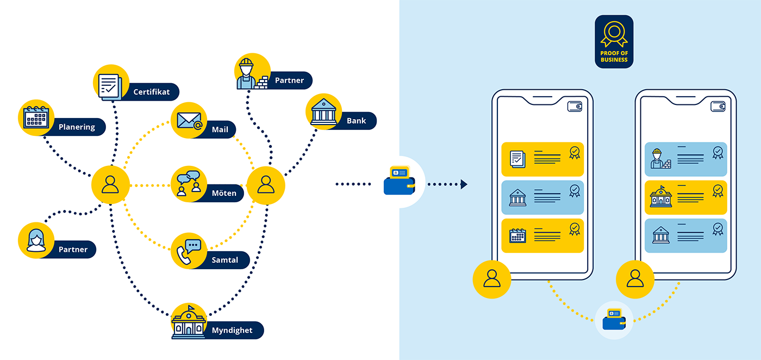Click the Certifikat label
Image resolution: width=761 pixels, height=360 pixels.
click(x=151, y=92)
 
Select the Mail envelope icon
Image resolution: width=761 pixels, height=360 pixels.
click(x=189, y=121)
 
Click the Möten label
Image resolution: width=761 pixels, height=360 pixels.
click(x=224, y=193)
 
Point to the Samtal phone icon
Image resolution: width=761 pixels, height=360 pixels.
click(x=189, y=251)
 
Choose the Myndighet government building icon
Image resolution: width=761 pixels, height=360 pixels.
click(x=189, y=322)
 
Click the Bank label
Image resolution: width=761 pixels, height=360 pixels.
click(x=356, y=121)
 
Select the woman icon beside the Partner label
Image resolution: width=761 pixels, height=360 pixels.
click(x=36, y=240)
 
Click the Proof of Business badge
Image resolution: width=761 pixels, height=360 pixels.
click(x=614, y=41)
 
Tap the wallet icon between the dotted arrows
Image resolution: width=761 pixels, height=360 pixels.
click(x=400, y=181)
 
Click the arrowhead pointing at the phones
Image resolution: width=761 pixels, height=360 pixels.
click(x=464, y=184)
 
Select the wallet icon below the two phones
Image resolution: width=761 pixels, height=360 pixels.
click(x=614, y=321)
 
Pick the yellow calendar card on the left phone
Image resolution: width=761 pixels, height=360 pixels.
click(x=542, y=235)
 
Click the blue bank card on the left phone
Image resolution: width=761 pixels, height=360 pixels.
click(x=542, y=197)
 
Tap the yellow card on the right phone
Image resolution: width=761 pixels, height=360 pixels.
click(x=685, y=197)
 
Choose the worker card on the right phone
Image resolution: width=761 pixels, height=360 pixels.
click(x=685, y=159)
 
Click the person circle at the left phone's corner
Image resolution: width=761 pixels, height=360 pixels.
click(x=492, y=280)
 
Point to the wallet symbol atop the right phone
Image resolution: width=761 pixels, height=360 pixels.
click(x=718, y=107)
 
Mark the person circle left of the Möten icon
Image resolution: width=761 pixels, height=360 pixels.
click(x=110, y=185)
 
